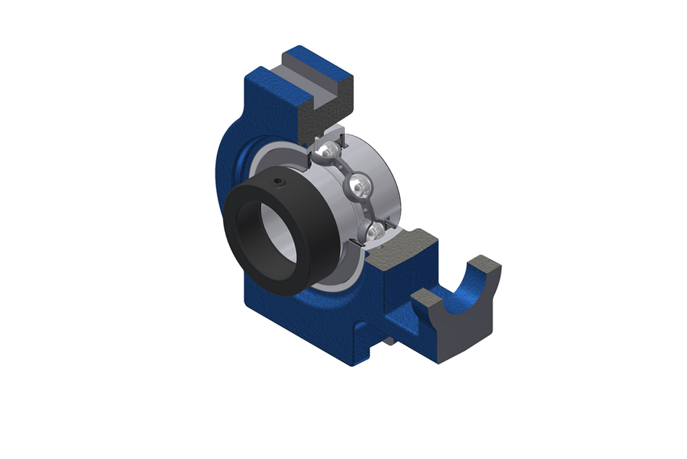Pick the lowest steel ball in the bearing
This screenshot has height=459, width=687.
[375, 232]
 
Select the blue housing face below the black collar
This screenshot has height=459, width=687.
[304, 319]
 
